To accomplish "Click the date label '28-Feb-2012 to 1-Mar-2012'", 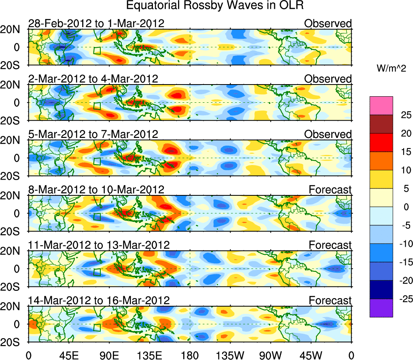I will [96, 23].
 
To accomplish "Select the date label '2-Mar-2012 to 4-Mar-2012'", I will [93, 78].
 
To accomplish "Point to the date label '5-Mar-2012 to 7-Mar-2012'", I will [93, 134].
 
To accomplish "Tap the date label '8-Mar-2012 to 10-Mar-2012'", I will [96, 189].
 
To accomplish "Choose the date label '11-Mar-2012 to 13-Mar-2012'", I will [99, 245].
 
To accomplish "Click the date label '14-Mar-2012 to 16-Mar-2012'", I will [99, 300].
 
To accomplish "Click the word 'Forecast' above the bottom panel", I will [330, 300].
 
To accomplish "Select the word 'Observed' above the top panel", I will [328, 23].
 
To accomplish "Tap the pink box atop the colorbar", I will [381, 106].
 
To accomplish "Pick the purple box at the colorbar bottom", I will [381, 308].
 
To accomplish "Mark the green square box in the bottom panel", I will [97, 327].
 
